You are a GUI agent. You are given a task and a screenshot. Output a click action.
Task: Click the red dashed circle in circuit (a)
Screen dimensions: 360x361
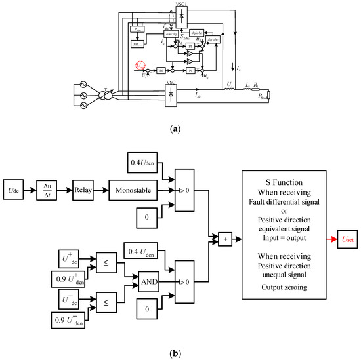[140, 64]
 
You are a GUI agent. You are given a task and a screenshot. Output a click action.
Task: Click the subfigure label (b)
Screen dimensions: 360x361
[180, 353]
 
